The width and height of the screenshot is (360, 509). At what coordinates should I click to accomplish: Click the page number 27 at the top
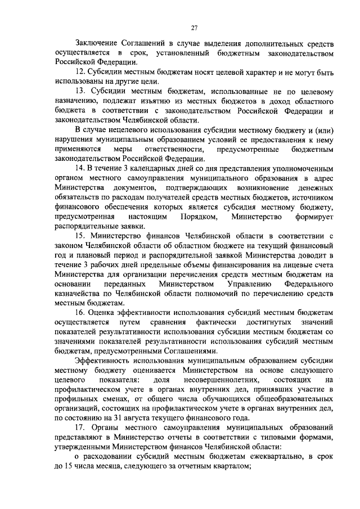pyautogui.click(x=193, y=28)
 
